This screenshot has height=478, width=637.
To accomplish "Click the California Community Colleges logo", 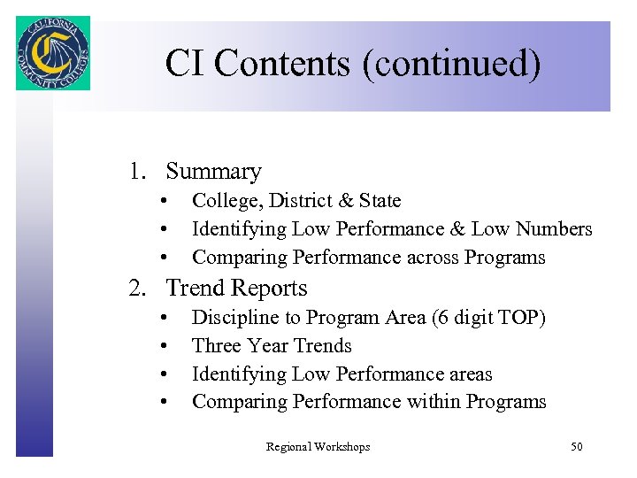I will [x=52, y=53].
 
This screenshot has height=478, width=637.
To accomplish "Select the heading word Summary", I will [x=213, y=172].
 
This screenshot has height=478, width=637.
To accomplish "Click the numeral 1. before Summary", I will [x=138, y=172].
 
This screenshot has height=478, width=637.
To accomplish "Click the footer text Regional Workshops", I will [x=318, y=447].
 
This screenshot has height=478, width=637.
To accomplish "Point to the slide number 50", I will [x=576, y=447].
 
